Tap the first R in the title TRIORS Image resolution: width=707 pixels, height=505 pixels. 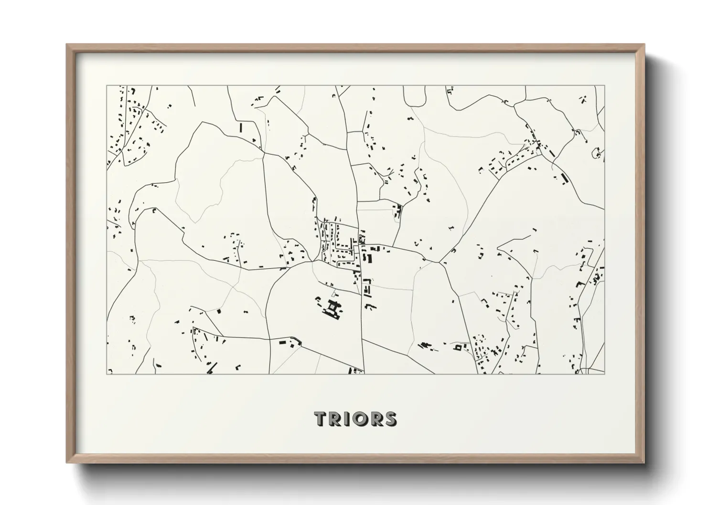coord(335,419)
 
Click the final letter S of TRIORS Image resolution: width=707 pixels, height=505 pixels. coord(390,419)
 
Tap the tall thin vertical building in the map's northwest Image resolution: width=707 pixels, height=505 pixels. coord(241,128)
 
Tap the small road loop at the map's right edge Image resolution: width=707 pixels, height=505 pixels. coord(597,153)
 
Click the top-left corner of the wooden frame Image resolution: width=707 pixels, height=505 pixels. coord(67,44)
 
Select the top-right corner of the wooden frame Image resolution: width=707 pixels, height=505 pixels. coord(644,44)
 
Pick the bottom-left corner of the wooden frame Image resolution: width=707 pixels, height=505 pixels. coord(67,463)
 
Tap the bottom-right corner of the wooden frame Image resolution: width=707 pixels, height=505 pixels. coord(644,463)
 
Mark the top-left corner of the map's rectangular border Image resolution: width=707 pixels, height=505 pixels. coord(107,86)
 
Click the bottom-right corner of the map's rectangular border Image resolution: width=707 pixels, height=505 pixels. coord(605,374)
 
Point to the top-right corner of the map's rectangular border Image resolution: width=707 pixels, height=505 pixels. coord(605,86)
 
